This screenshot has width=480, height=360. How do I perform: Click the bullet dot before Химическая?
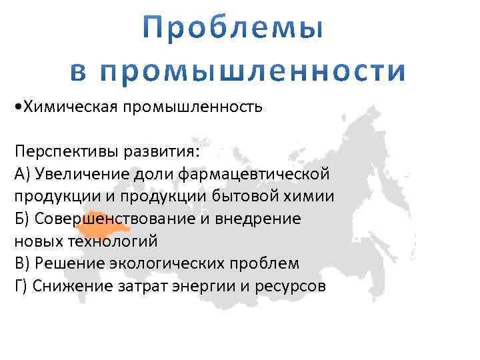pos(17,107)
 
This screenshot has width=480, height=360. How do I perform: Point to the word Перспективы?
pos(65,151)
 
